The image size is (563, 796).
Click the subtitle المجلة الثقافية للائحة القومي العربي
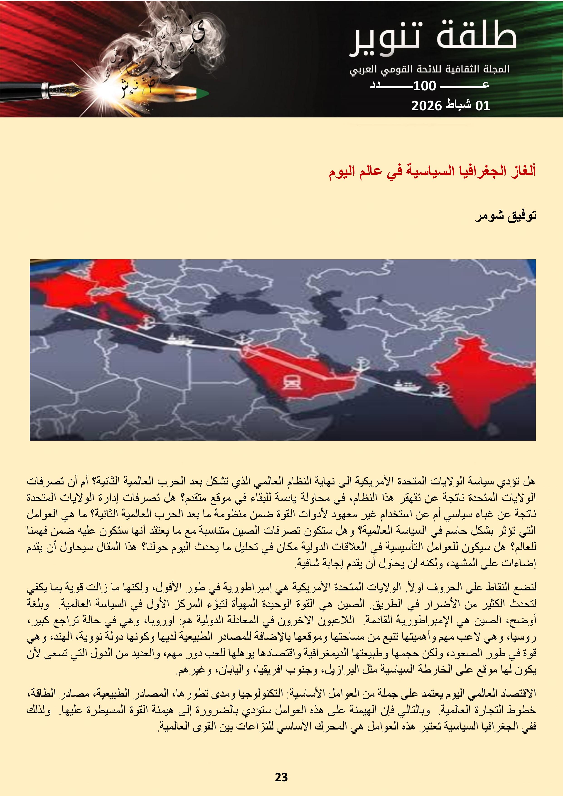pos(430,69)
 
